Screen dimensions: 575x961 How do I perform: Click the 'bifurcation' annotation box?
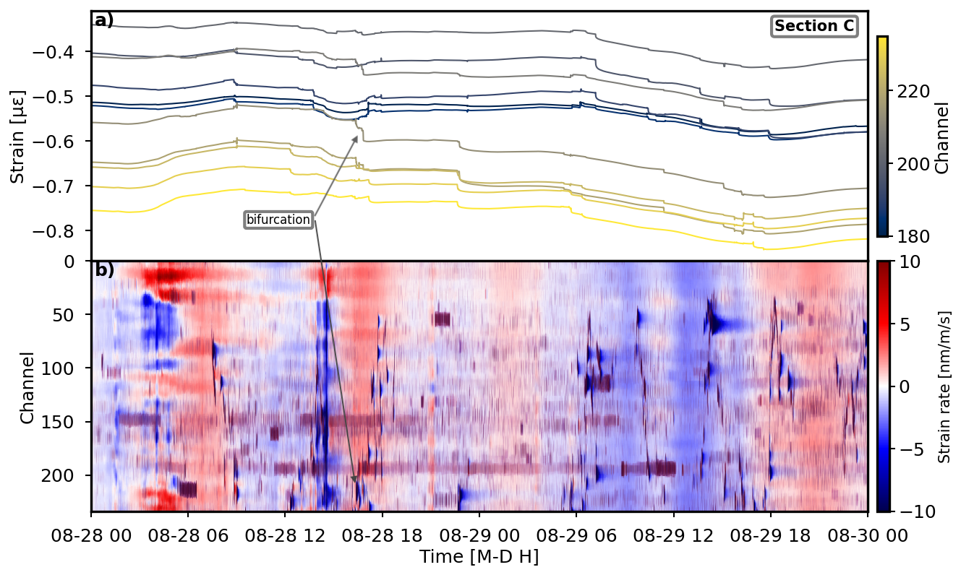(278, 220)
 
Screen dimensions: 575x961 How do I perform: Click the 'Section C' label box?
(814, 27)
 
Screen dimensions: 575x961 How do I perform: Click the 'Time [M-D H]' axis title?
(479, 557)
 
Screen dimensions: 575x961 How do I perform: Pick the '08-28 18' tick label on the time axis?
(382, 537)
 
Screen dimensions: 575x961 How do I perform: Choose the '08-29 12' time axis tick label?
(673, 537)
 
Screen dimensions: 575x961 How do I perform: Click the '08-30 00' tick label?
(867, 537)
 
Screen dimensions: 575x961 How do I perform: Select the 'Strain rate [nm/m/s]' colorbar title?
(944, 386)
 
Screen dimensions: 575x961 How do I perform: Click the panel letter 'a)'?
(104, 20)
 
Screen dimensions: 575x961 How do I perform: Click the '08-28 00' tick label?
(91, 537)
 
